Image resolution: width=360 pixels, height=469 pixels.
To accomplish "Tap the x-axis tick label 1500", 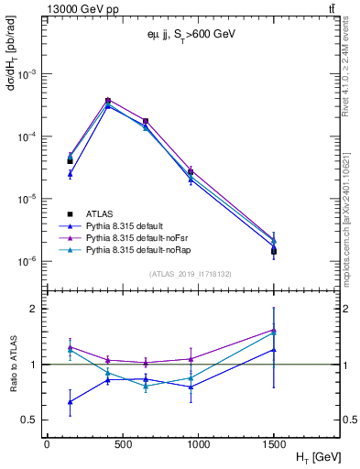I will (274, 442).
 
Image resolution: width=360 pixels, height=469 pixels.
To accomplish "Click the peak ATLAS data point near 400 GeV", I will (108, 101).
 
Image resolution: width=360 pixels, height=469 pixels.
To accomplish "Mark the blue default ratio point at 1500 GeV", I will (274, 349).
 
